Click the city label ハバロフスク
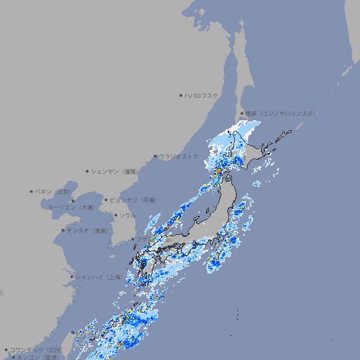coord(202,95)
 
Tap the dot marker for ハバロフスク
coord(181,95)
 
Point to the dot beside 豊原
coord(243,113)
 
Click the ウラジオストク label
coord(179,156)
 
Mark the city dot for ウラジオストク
coord(155,156)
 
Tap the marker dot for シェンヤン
coord(88,171)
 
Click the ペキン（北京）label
coord(55,191)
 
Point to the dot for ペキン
coord(32,191)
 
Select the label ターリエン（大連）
coord(71,207)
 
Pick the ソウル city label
coord(127,215)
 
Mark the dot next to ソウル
coord(115,215)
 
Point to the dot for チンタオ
coord(63,230)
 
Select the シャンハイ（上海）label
coord(98,277)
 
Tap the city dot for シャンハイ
coord(72,277)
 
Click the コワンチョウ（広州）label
coord(36,349)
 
